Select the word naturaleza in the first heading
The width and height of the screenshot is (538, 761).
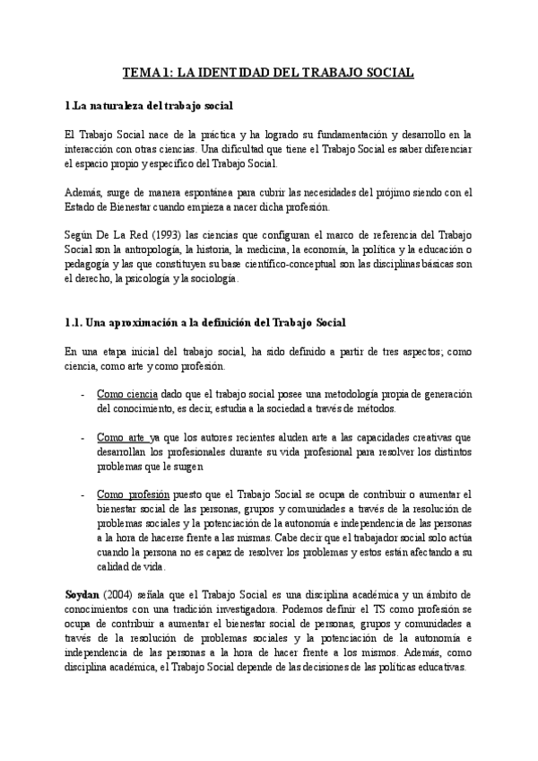point(118,107)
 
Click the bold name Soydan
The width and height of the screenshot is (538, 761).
point(86,597)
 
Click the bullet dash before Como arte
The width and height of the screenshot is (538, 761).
point(83,438)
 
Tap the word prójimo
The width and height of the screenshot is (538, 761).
point(404,193)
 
